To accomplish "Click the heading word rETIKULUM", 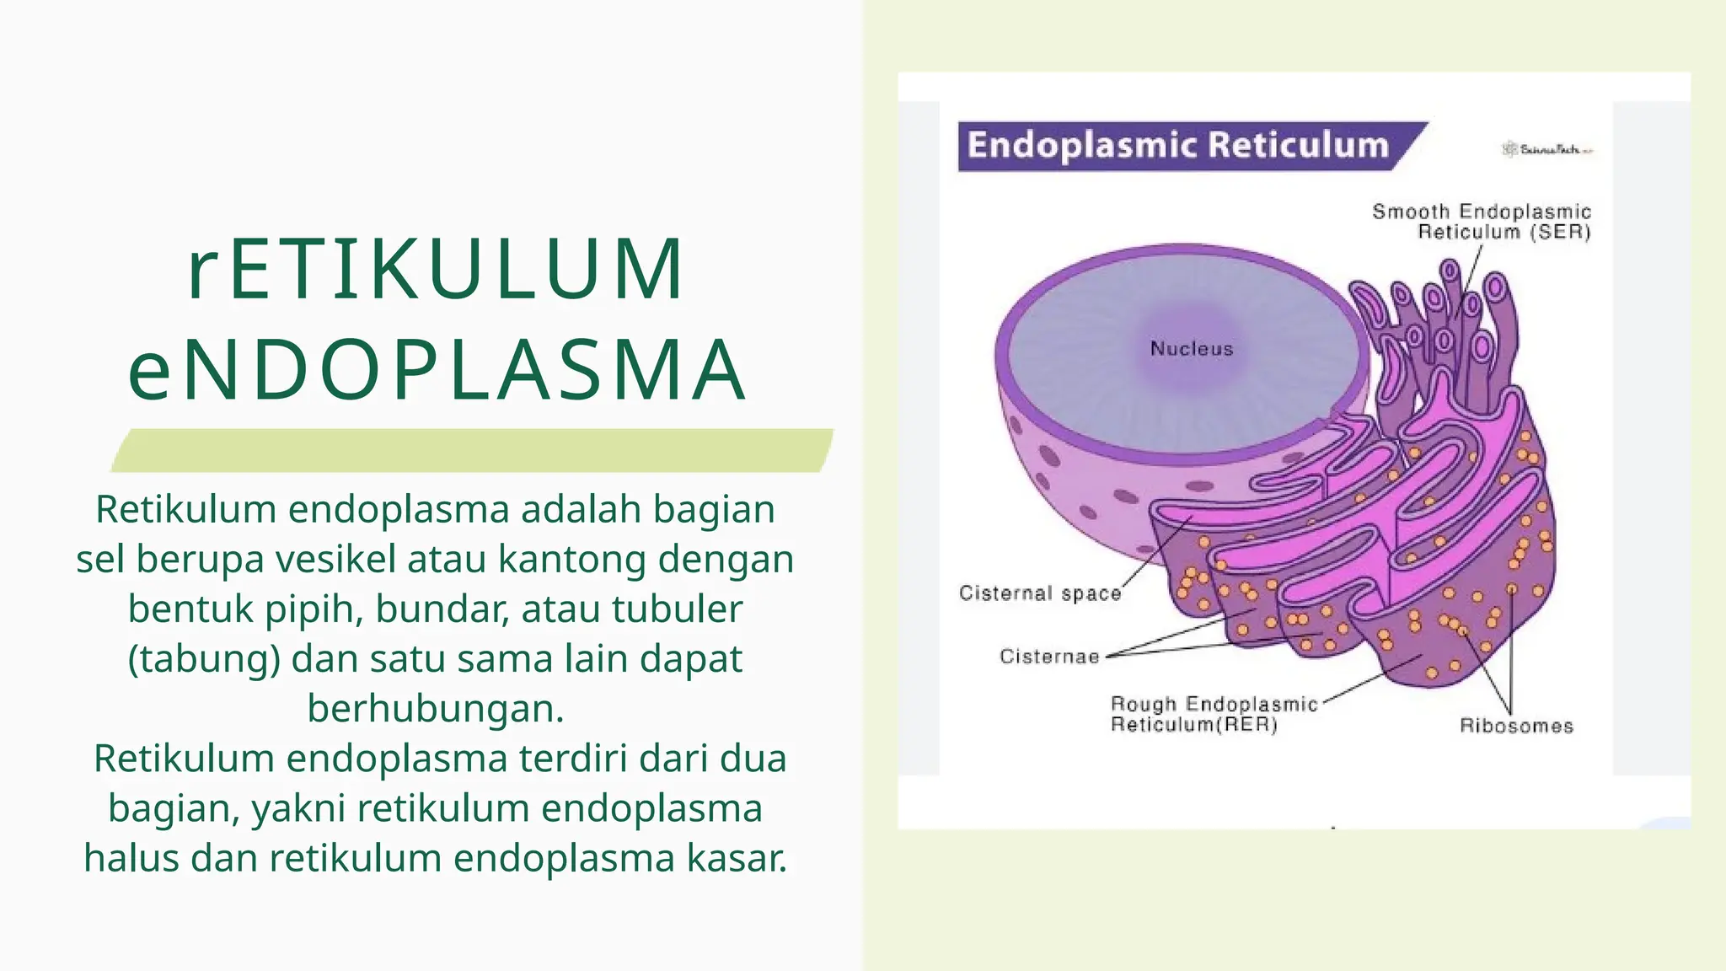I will tap(435, 270).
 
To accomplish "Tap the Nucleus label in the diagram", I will tap(1191, 349).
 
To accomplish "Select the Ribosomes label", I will tap(1516, 726).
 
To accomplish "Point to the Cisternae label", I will tap(1049, 657).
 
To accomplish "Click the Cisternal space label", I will tap(1040, 593).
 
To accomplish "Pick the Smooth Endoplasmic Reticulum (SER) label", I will tap(1482, 222).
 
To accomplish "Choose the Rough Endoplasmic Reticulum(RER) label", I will tap(1214, 714).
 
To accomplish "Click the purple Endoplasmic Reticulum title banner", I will tap(1178, 146).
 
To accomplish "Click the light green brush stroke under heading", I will tap(472, 450).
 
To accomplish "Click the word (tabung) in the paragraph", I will tap(203, 659).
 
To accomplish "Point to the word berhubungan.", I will tap(435, 709).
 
